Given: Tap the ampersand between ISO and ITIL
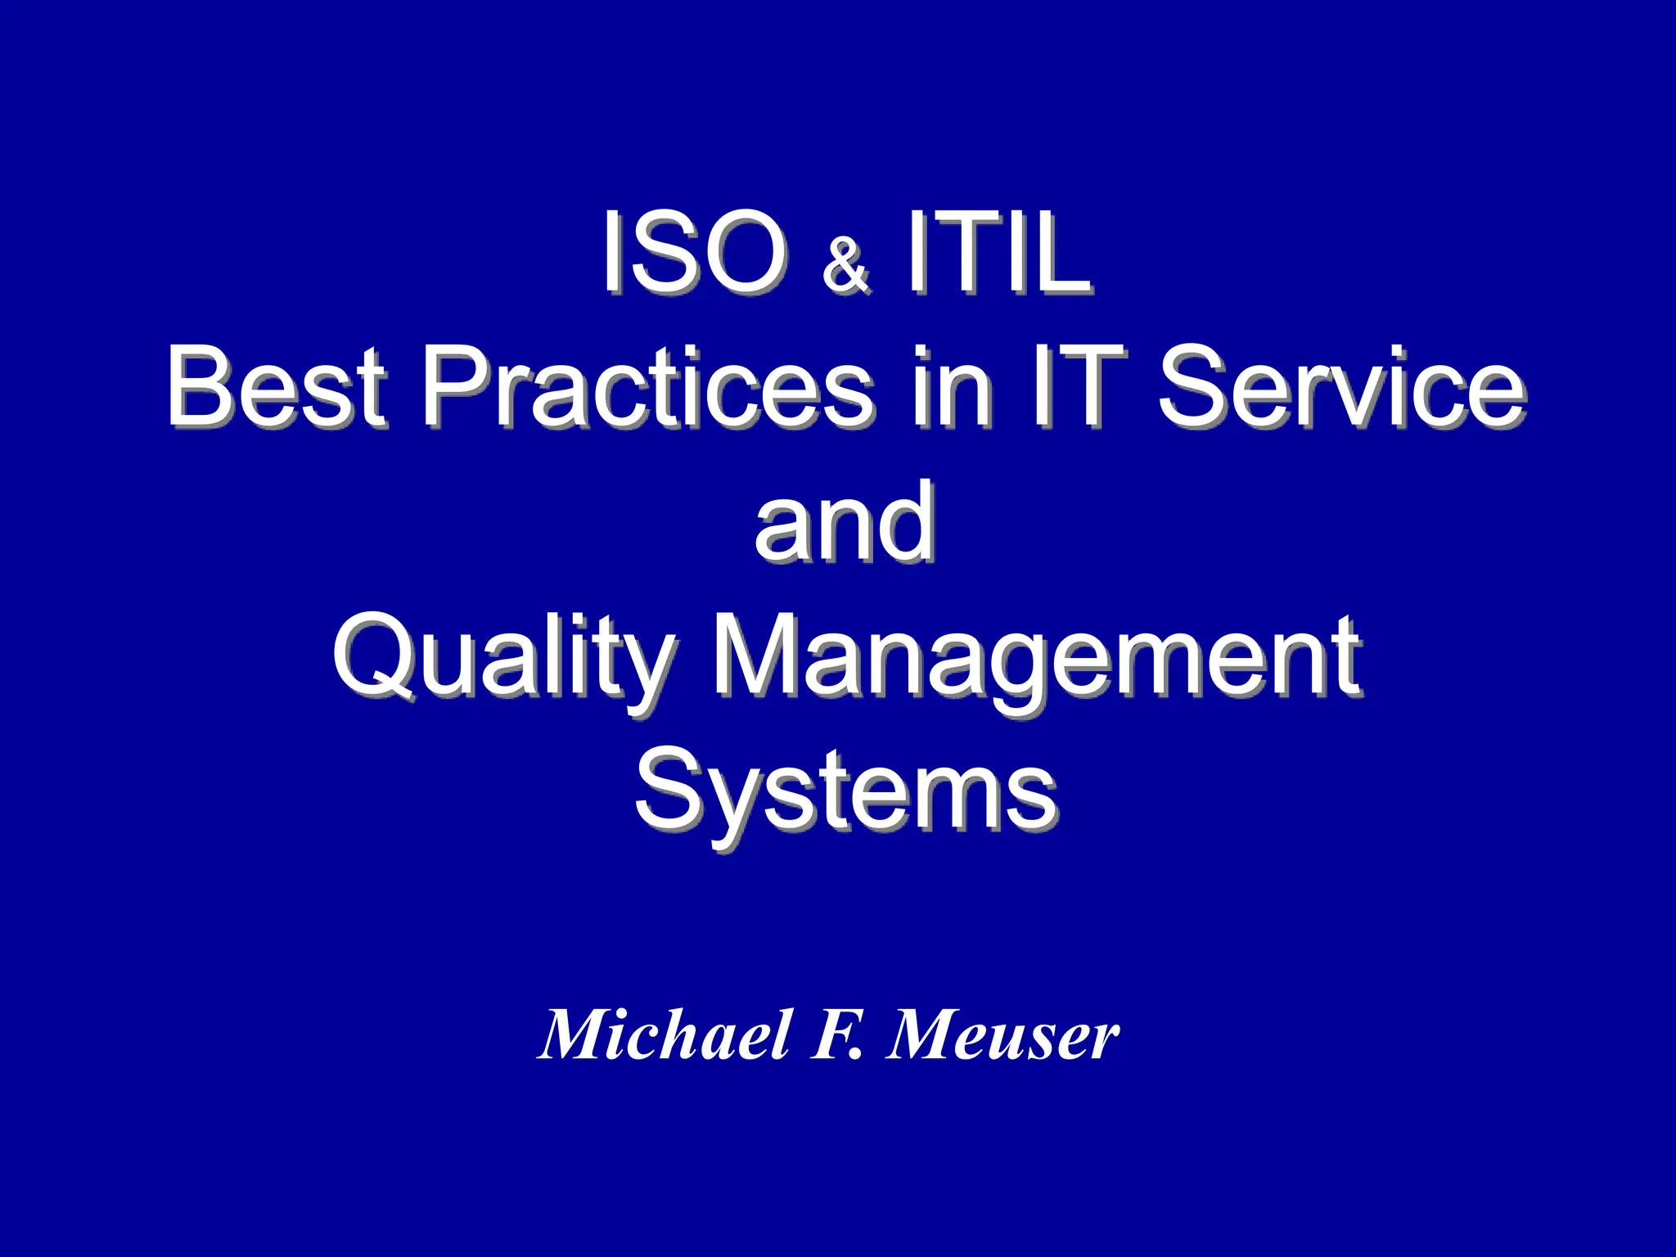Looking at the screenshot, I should pos(846,266).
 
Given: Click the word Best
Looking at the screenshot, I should pos(277,386).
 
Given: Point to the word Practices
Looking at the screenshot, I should pos(647,386).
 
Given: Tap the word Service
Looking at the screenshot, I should pos(1341,386).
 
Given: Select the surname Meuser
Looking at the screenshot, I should pos(1003,1034).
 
